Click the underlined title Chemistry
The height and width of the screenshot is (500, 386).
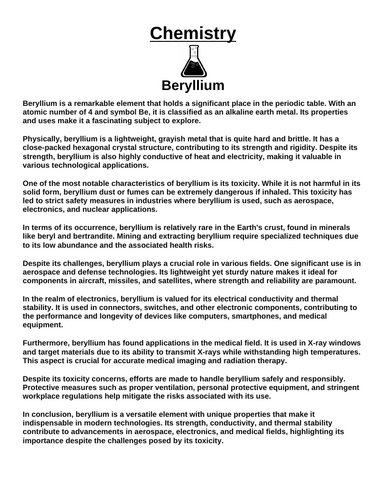(193, 34)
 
